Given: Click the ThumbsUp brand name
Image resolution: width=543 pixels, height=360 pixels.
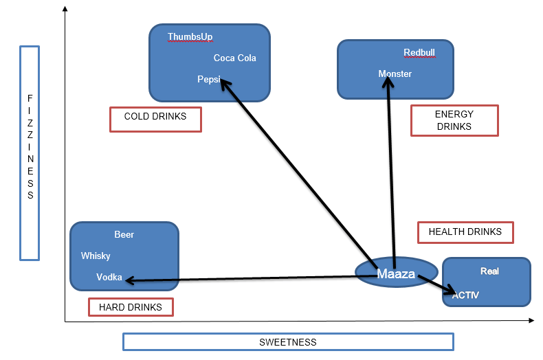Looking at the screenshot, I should (190, 37).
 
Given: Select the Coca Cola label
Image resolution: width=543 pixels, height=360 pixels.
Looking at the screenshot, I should (234, 58).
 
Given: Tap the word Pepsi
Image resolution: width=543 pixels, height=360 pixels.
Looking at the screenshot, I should (208, 80).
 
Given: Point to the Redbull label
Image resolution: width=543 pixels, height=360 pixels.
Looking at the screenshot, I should (419, 53).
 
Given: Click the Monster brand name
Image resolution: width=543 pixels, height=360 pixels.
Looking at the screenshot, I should (395, 74).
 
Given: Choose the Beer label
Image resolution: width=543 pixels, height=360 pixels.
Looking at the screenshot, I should (124, 235).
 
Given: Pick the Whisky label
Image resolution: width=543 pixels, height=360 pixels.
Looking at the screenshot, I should (96, 256).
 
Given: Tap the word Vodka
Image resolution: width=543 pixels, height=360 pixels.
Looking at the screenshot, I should (109, 278).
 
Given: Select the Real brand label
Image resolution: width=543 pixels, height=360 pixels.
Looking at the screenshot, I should (489, 271).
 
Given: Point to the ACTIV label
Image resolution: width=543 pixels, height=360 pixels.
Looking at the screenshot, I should (465, 295).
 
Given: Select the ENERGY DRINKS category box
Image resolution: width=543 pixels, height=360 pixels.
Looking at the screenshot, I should (454, 120).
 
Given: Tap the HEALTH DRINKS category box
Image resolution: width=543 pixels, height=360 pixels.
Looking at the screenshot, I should (465, 232).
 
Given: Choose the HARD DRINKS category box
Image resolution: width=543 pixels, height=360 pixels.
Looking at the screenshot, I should (131, 307).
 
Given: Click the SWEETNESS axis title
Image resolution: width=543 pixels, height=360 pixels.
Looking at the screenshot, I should (288, 341).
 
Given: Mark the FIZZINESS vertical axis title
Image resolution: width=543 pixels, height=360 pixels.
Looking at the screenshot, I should (30, 153).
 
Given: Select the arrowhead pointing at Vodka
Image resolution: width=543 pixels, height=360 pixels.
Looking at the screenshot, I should (128, 280).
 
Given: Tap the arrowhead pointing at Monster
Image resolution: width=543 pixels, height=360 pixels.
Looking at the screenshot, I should (388, 80).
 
